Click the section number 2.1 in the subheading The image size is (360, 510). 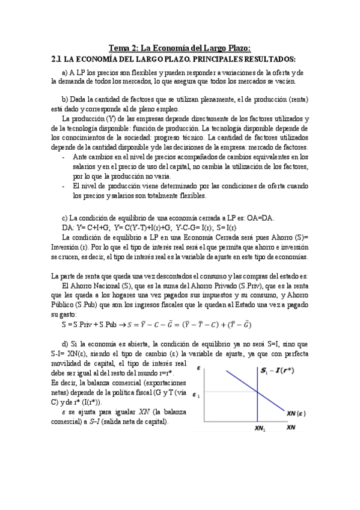point(56,59)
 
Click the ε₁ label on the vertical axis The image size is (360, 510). point(195,395)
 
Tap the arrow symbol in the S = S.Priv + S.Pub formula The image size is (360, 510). point(121,325)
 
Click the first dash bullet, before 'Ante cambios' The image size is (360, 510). point(65,157)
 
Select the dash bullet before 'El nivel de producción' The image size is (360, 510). point(65,186)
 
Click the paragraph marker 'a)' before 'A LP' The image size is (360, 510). point(65,72)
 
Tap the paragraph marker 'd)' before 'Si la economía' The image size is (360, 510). point(66,343)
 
